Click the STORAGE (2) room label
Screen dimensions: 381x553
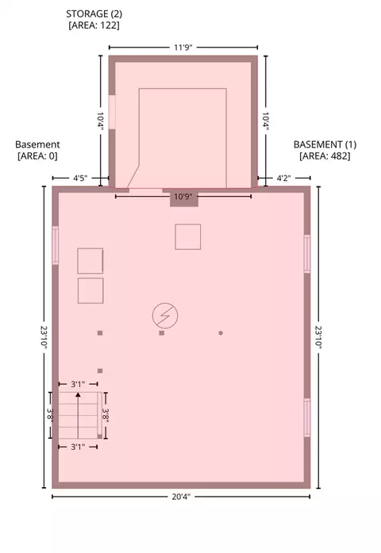[94, 13]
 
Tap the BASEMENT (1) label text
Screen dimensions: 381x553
[325, 144]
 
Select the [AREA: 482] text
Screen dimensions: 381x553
[325, 156]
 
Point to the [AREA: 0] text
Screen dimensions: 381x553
[37, 156]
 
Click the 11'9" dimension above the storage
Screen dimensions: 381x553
[183, 48]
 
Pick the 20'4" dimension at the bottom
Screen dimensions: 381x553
[181, 497]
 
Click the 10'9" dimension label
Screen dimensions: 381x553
[183, 197]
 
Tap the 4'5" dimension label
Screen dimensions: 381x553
[80, 178]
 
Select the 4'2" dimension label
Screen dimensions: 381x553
[283, 178]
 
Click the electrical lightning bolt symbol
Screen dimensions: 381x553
[165, 315]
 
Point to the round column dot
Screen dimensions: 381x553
[221, 333]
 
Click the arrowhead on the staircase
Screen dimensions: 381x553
[78, 394]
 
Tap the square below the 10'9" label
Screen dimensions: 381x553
[188, 236]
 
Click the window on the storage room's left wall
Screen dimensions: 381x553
[112, 112]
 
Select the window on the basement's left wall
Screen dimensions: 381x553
[56, 245]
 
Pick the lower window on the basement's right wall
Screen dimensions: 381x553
[307, 417]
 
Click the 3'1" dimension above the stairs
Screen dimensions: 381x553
[78, 384]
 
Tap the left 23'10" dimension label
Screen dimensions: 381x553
[44, 337]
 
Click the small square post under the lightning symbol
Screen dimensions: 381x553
[162, 333]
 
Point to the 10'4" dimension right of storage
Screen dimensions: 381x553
[266, 121]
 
